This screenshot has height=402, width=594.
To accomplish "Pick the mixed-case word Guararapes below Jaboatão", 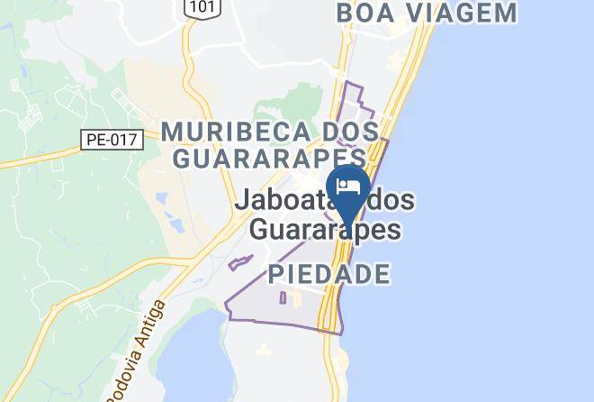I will [x=324, y=230].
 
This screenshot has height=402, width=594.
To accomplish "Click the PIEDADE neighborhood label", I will [x=328, y=274].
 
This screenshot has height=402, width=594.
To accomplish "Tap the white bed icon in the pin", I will [x=348, y=187].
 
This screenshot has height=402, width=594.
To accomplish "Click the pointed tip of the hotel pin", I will [x=348, y=222].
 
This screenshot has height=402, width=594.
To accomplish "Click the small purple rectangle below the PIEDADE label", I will [x=283, y=297].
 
